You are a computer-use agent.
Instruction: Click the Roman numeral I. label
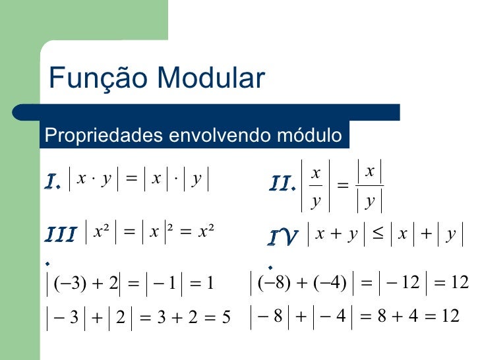[53, 180]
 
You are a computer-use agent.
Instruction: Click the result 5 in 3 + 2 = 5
[225, 318]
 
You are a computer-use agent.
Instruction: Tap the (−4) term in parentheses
[330, 284]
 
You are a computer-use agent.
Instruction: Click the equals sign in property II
[342, 187]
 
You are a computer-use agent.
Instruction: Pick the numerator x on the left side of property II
[316, 173]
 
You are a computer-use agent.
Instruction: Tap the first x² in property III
[102, 232]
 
